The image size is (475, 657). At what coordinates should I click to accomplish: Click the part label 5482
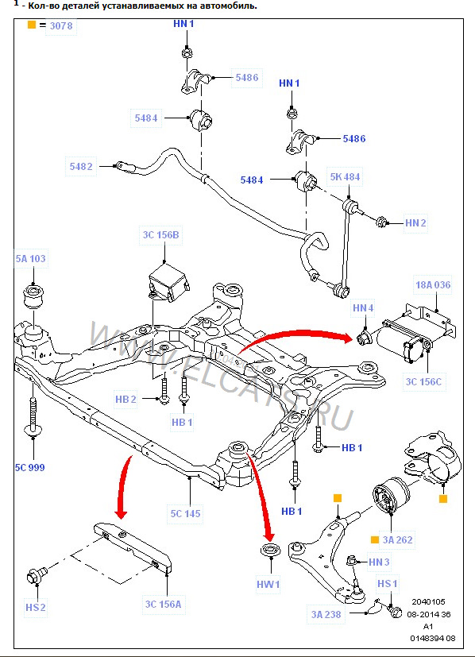tap(81, 168)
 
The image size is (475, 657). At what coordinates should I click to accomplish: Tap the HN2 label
tap(415, 223)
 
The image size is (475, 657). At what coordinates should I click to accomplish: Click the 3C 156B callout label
tap(161, 234)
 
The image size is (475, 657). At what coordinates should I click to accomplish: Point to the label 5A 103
tap(31, 259)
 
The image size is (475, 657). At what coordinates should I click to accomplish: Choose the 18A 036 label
tap(432, 285)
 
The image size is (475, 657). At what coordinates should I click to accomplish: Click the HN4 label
tap(363, 307)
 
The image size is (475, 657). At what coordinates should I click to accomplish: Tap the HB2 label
tap(126, 399)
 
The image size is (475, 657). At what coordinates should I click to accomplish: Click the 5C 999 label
tap(30, 468)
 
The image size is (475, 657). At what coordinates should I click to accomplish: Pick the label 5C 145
tap(184, 514)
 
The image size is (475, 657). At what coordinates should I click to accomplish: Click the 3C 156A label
tap(163, 605)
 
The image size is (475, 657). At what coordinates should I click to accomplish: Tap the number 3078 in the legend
tap(60, 26)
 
